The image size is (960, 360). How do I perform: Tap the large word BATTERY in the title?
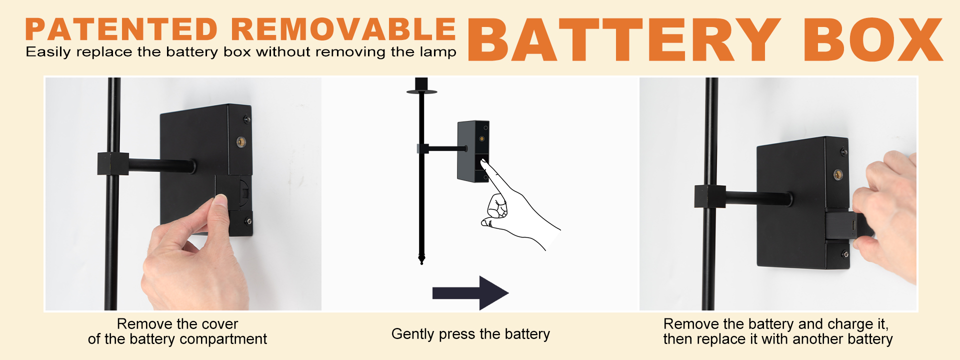(x=624, y=39)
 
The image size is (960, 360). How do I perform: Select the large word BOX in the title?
(x=873, y=39)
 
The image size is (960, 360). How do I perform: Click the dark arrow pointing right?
(x=470, y=292)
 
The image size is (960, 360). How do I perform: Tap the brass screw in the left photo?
(x=241, y=141)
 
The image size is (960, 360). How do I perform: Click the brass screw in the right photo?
(x=838, y=174)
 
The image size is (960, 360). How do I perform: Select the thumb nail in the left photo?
(x=220, y=200)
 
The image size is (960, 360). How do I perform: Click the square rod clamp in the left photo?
(x=113, y=163)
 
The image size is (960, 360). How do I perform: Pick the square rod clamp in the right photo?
(x=710, y=196)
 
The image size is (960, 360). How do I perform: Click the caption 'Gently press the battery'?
(x=470, y=333)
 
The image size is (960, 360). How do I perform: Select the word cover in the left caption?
(x=218, y=324)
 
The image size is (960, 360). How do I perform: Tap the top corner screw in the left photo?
(x=246, y=119)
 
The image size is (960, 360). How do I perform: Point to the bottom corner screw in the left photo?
(x=248, y=221)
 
